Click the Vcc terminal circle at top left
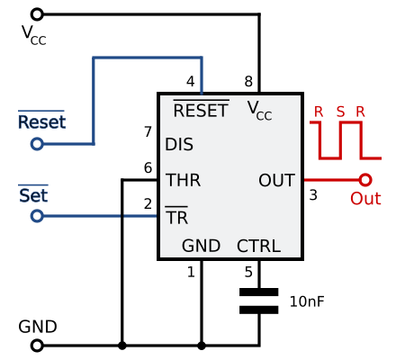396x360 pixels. coord(37,14)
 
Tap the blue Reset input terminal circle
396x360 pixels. coord(37,144)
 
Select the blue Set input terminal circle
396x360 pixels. coord(37,216)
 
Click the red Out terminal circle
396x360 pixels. coord(365,180)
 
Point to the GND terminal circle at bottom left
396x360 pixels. coord(37,346)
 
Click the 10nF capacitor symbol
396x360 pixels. coord(259,301)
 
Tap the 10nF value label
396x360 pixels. coord(307,301)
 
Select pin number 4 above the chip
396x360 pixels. coord(191,81)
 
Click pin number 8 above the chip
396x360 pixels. coord(248,81)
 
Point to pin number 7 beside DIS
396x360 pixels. coord(148,131)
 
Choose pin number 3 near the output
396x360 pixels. coord(313,195)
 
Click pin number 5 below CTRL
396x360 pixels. coord(248,272)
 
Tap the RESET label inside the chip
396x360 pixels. coord(201,110)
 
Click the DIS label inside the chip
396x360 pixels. coord(179,144)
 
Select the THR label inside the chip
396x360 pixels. coord(183,180)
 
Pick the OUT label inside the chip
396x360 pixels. coord(276,180)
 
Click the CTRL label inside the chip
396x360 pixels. coord(258,246)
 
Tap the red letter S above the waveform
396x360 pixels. coord(340,112)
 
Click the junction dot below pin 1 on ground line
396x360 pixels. coord(202,346)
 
